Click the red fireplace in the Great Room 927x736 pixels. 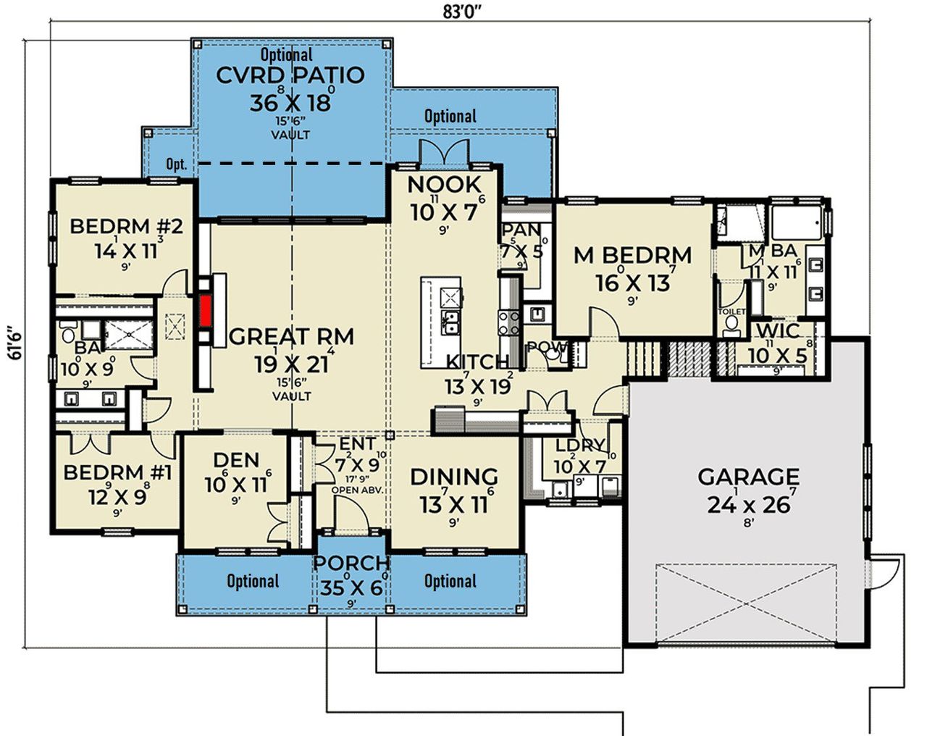click(207, 311)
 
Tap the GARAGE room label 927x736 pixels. click(748, 477)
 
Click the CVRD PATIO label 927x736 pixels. click(290, 75)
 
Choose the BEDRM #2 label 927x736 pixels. click(126, 226)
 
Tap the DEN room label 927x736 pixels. click(236, 460)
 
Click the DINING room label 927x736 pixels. click(454, 477)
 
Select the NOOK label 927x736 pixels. click(444, 185)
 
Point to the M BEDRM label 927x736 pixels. click(632, 255)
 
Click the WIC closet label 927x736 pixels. click(778, 332)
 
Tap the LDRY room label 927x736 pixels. click(581, 446)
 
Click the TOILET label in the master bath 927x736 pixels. click(731, 311)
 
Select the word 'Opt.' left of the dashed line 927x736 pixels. click(176, 164)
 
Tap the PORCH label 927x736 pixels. click(351, 563)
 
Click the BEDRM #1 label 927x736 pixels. click(117, 473)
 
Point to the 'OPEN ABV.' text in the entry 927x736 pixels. click(356, 490)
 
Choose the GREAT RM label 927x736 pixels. click(291, 337)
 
